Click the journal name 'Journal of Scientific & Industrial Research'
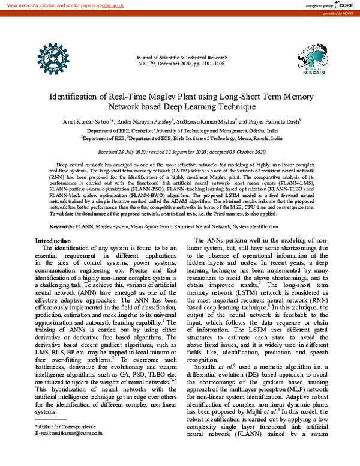pyautogui.click(x=181, y=56)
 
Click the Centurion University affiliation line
pyautogui.click(x=181, y=130)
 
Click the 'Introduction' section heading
pyautogui.click(x=54, y=241)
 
